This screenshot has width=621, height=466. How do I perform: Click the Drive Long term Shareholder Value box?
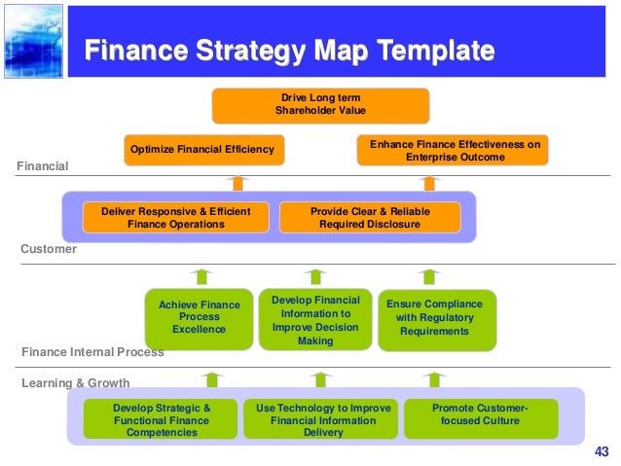click(x=320, y=105)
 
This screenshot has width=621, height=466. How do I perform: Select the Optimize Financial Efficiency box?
click(x=203, y=150)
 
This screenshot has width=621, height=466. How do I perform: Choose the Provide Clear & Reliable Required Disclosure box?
click(x=370, y=217)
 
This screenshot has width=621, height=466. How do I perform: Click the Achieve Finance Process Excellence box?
click(x=199, y=317)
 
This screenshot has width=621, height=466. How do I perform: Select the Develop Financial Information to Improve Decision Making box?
click(x=315, y=318)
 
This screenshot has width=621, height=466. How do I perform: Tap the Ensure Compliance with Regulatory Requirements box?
click(x=434, y=318)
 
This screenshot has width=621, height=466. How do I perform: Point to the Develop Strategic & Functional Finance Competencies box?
click(x=161, y=419)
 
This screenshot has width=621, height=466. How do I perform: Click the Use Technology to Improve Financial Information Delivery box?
click(x=322, y=419)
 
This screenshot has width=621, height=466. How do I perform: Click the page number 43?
click(x=600, y=449)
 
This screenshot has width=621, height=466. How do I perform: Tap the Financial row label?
click(x=43, y=166)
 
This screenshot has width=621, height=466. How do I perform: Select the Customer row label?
click(x=49, y=249)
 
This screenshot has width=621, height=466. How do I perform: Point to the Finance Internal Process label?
click(x=92, y=351)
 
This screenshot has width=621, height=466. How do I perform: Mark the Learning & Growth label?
click(x=75, y=382)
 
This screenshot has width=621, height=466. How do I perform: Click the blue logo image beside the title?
click(x=32, y=40)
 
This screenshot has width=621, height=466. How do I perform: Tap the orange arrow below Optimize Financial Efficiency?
click(x=237, y=181)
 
